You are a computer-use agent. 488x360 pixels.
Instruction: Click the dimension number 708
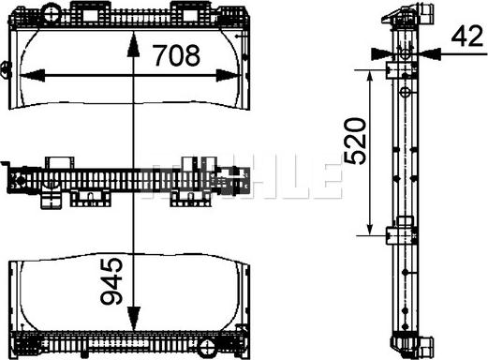pyautogui.click(x=177, y=55)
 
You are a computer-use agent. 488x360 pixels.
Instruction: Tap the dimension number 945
pyautogui.click(x=111, y=281)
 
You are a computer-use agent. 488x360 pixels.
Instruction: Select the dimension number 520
pyautogui.click(x=355, y=141)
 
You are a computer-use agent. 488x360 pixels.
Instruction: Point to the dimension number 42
pyautogui.click(x=467, y=37)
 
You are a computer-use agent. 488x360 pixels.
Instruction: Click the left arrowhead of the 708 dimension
pyautogui.click(x=32, y=75)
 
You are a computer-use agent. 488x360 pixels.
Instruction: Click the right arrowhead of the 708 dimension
pyautogui.click(x=229, y=75)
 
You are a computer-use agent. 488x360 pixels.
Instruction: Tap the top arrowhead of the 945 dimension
pyautogui.click(x=133, y=45)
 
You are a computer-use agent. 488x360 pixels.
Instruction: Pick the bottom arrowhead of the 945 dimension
pyautogui.click(x=133, y=319)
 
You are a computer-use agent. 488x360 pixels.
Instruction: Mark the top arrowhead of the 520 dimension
pyautogui.click(x=370, y=77)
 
